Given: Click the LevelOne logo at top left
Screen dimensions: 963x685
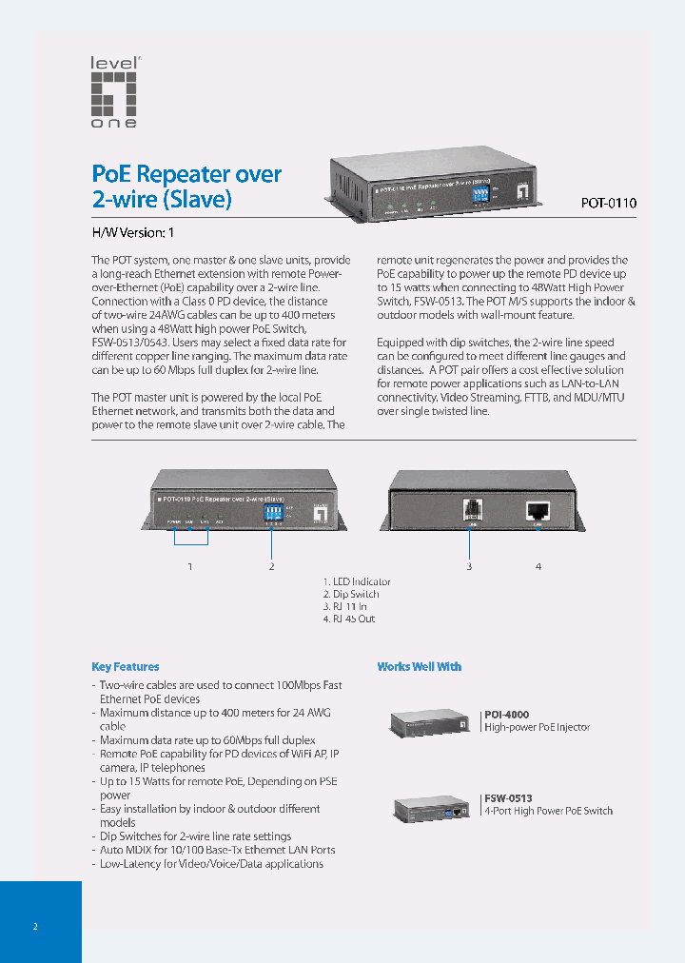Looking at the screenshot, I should tap(114, 92).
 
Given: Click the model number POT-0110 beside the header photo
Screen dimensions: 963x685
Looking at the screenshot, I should tap(608, 203).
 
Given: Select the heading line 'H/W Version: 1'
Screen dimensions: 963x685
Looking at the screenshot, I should tap(132, 233).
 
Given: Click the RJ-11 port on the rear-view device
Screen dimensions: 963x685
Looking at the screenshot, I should tap(469, 509).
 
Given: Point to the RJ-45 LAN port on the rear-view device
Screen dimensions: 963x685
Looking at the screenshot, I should tap(538, 510).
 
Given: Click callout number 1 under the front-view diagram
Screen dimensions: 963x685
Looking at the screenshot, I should tap(190, 567).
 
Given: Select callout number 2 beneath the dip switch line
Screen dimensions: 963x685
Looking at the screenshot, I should tap(272, 567).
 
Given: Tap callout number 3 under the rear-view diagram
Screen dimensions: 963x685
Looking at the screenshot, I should tap(469, 567).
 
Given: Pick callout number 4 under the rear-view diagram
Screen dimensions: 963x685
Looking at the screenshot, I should tap(538, 567).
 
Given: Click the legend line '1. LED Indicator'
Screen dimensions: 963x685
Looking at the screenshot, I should tap(357, 581).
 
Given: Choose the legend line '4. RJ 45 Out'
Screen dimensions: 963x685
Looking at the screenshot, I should tap(349, 619).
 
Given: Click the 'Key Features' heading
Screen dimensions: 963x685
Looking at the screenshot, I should tap(126, 667).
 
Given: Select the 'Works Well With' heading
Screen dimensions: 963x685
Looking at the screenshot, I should tap(420, 667).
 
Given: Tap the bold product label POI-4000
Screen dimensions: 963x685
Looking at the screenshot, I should tap(507, 714).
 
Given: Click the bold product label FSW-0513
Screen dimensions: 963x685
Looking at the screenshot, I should tap(508, 798).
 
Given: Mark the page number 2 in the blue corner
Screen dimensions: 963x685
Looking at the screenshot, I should tap(35, 926).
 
